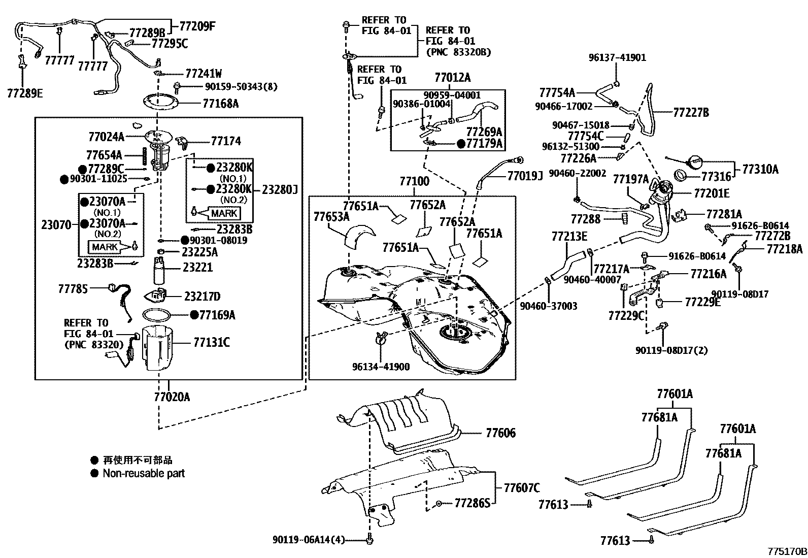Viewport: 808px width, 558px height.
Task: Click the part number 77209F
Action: [x=197, y=25]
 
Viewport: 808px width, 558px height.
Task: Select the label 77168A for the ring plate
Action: [x=220, y=104]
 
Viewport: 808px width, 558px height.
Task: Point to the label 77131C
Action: [x=211, y=343]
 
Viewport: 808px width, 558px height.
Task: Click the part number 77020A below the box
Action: [x=172, y=397]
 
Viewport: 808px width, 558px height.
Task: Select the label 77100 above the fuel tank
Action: [x=414, y=181]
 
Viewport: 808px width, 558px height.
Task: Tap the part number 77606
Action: [x=500, y=433]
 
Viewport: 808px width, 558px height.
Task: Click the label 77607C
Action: [x=521, y=488]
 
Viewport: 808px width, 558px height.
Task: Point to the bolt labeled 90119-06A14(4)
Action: [x=369, y=541]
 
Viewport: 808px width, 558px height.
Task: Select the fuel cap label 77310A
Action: [x=760, y=169]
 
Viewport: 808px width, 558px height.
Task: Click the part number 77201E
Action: [x=711, y=193]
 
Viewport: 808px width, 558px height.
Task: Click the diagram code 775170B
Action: [x=786, y=551]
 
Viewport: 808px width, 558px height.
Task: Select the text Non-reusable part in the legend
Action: [x=144, y=473]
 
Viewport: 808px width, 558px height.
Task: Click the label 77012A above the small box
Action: [x=452, y=77]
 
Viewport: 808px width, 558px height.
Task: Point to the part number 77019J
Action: [x=525, y=175]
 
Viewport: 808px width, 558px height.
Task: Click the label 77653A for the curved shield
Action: [x=331, y=217]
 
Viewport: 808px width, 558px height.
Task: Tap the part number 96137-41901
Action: [x=617, y=57]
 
